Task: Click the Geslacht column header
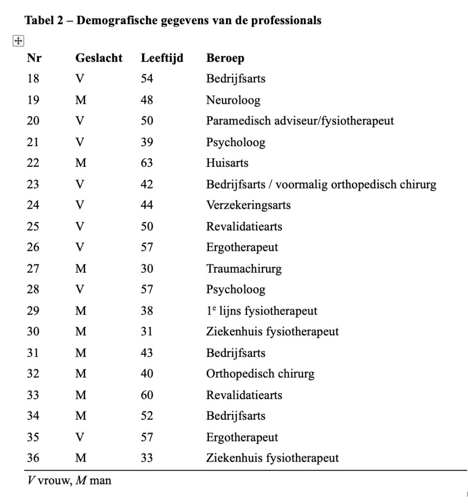98,59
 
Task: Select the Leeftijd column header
162,59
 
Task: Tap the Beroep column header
225,59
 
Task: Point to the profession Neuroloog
233,100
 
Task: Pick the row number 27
33,269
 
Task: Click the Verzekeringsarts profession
248,206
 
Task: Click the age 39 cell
147,143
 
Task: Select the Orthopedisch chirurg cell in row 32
260,374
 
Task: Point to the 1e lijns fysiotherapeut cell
261,311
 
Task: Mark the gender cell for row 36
81,458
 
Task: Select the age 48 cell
147,100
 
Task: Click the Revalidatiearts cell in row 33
244,395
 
